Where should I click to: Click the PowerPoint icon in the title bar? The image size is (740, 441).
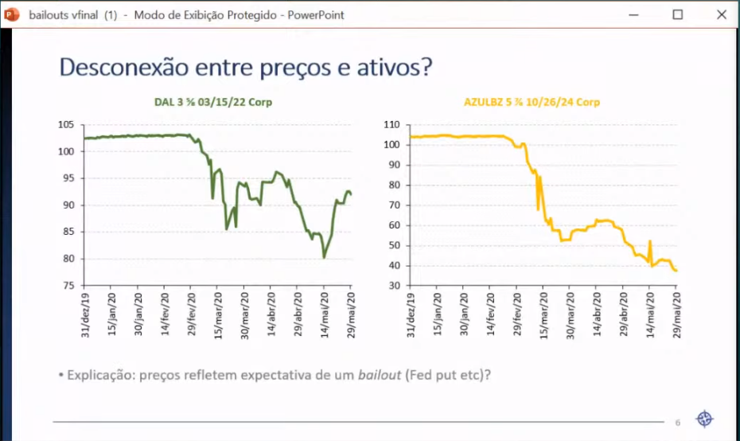pos(12,14)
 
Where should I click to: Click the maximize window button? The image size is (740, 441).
pos(678,14)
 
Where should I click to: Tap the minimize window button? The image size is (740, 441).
pos(634,14)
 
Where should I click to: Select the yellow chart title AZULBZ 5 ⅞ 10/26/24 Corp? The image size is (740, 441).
pos(532,102)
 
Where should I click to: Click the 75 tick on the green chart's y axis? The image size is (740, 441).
pos(68,285)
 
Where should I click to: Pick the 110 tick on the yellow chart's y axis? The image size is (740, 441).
pos(391,125)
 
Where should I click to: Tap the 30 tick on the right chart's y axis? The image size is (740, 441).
pos(393,285)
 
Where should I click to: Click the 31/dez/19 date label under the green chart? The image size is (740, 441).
pos(85,314)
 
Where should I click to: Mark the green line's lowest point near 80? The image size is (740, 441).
pos(325,257)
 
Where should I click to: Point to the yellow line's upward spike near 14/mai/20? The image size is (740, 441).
pos(650,242)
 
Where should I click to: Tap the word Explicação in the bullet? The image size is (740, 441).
pos(100,373)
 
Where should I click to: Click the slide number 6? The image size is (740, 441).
pos(678,422)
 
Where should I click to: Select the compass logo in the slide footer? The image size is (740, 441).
pos(705,420)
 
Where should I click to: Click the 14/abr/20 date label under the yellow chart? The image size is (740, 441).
pos(597,314)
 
